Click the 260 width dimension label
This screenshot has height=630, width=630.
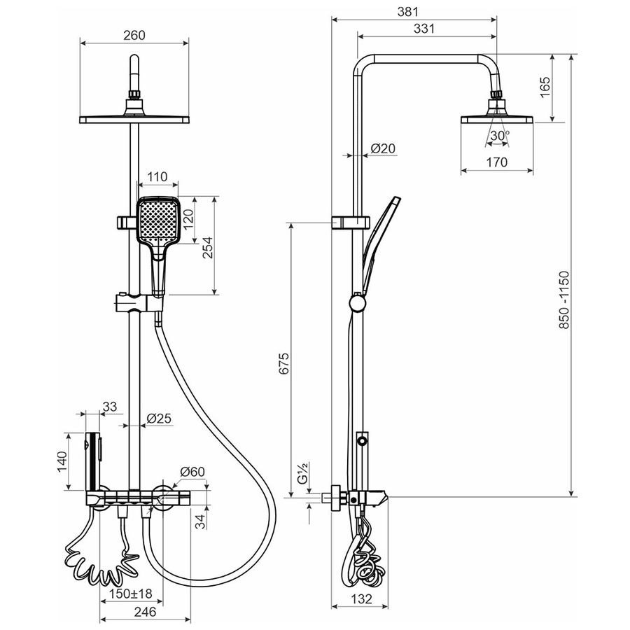pyautogui.click(x=134, y=36)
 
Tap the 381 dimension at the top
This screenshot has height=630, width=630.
pyautogui.click(x=408, y=12)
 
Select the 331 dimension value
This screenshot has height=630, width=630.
pyautogui.click(x=424, y=29)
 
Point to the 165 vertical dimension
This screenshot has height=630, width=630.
pyautogui.click(x=545, y=87)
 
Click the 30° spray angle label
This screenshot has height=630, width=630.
pyautogui.click(x=499, y=135)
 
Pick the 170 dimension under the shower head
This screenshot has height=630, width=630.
pyautogui.click(x=496, y=162)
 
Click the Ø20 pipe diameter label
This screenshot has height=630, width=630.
pyautogui.click(x=383, y=148)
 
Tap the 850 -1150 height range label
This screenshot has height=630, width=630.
pyautogui.click(x=564, y=300)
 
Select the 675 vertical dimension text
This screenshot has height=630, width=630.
pyautogui.click(x=283, y=363)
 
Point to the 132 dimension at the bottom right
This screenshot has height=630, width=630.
pyautogui.click(x=361, y=599)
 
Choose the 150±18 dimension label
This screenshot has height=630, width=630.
pyautogui.click(x=132, y=593)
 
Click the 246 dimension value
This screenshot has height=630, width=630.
pyautogui.click(x=145, y=612)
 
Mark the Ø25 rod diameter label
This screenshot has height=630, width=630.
pyautogui.click(x=159, y=419)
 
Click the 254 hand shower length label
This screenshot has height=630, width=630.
pyautogui.click(x=207, y=248)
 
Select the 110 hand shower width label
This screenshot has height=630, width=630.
pyautogui.click(x=157, y=177)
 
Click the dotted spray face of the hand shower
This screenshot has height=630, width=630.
pyautogui.click(x=158, y=220)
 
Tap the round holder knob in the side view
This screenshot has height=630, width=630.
pyautogui.click(x=357, y=302)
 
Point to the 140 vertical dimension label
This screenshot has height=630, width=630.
pyautogui.click(x=62, y=462)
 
